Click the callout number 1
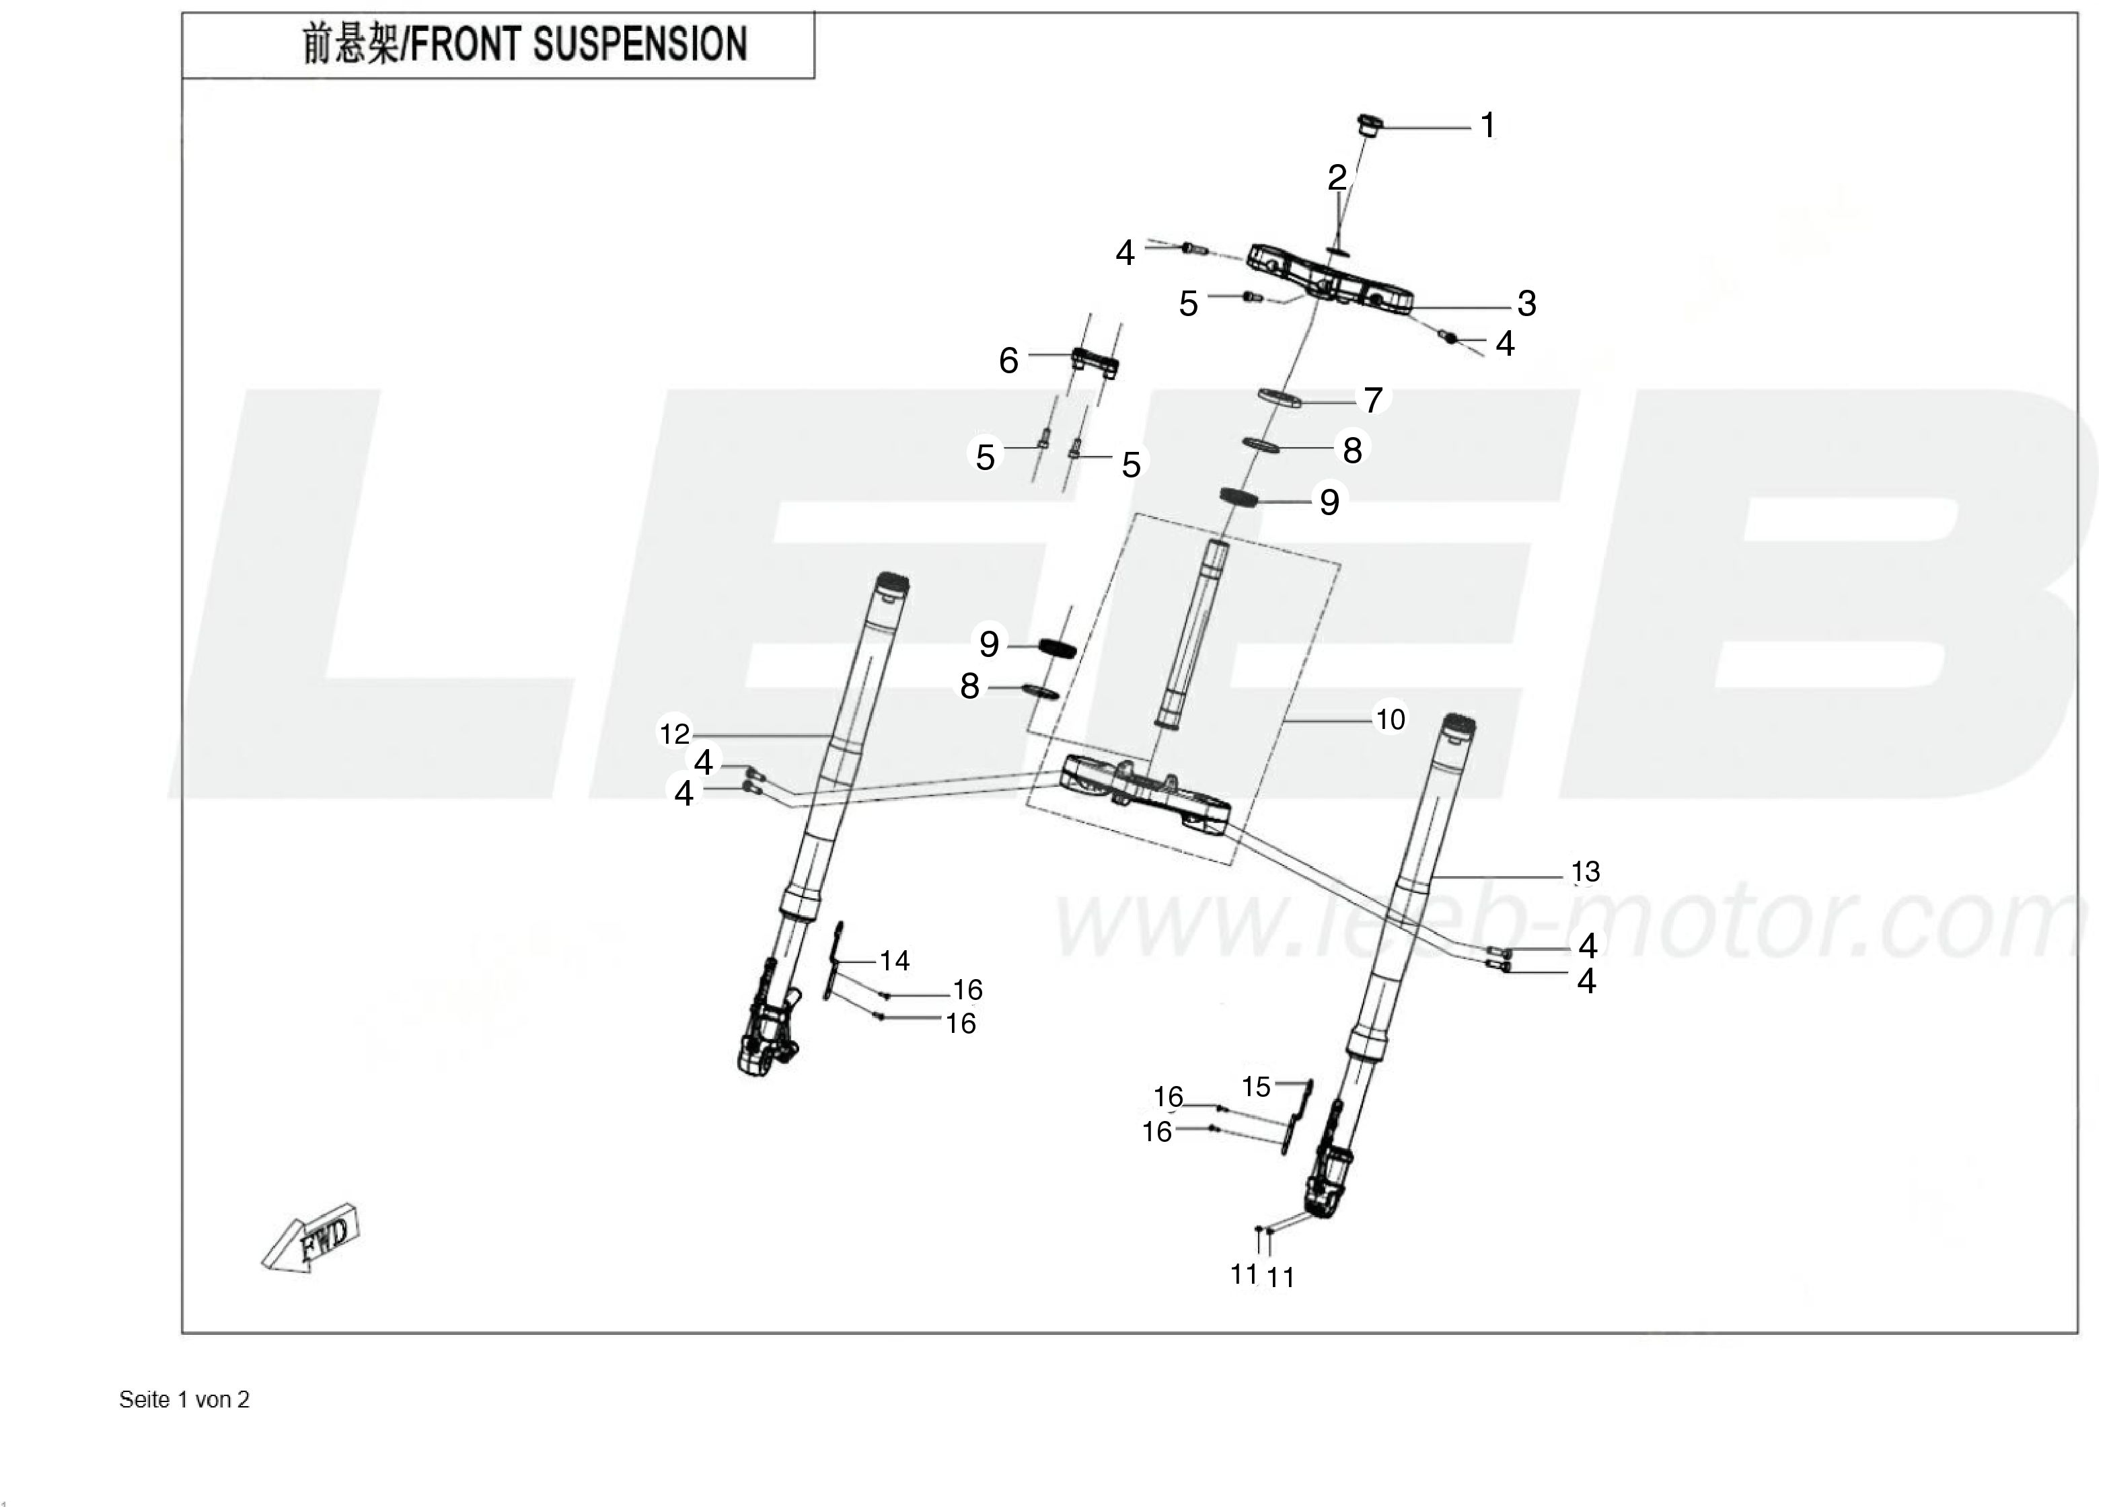[1488, 125]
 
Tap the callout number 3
[1527, 303]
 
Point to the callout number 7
[1373, 400]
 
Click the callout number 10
[1389, 719]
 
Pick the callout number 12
[675, 734]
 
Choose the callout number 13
[1586, 872]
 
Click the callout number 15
[1256, 1087]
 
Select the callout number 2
[1337, 178]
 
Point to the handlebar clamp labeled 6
[1095, 361]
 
